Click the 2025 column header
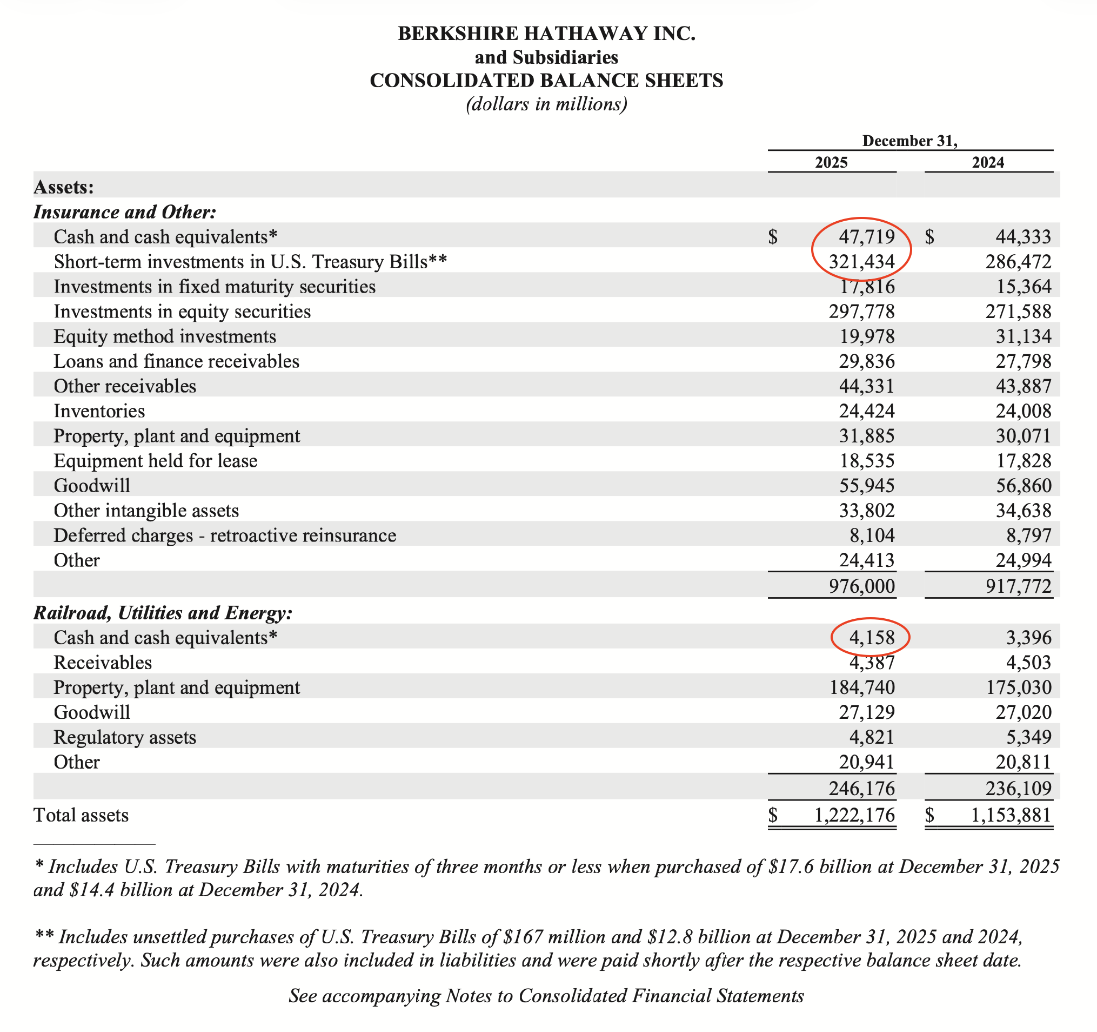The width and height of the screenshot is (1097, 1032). coord(831,162)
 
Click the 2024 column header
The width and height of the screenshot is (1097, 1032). coord(988,162)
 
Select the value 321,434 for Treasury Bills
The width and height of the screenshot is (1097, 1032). coord(861,261)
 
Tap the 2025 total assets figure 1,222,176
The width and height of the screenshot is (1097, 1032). coord(855,815)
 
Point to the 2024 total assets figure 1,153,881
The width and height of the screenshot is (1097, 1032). coord(1011,815)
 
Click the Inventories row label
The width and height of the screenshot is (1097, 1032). coord(99,411)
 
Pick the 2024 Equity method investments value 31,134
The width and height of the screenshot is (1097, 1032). coord(1024,336)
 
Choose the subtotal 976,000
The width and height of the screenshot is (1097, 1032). coord(861,586)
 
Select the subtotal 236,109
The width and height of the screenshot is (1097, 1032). coord(1019,788)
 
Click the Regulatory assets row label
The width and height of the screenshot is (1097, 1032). coord(125,737)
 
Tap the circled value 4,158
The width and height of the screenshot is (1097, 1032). coord(872,638)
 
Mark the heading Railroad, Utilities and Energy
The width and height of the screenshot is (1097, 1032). coord(163,613)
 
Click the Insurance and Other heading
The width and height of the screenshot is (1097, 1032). coord(125,212)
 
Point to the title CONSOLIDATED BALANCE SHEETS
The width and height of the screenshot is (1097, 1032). coord(546,81)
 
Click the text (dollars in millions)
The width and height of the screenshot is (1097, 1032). coord(546,104)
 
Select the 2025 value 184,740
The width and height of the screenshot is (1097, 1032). coord(862,687)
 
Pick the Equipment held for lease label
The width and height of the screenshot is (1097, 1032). coord(156,460)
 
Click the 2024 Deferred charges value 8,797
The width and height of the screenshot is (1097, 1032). coord(1028,535)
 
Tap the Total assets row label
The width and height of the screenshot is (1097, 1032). coord(81,815)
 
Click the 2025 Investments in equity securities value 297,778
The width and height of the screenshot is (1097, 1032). coord(861,312)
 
